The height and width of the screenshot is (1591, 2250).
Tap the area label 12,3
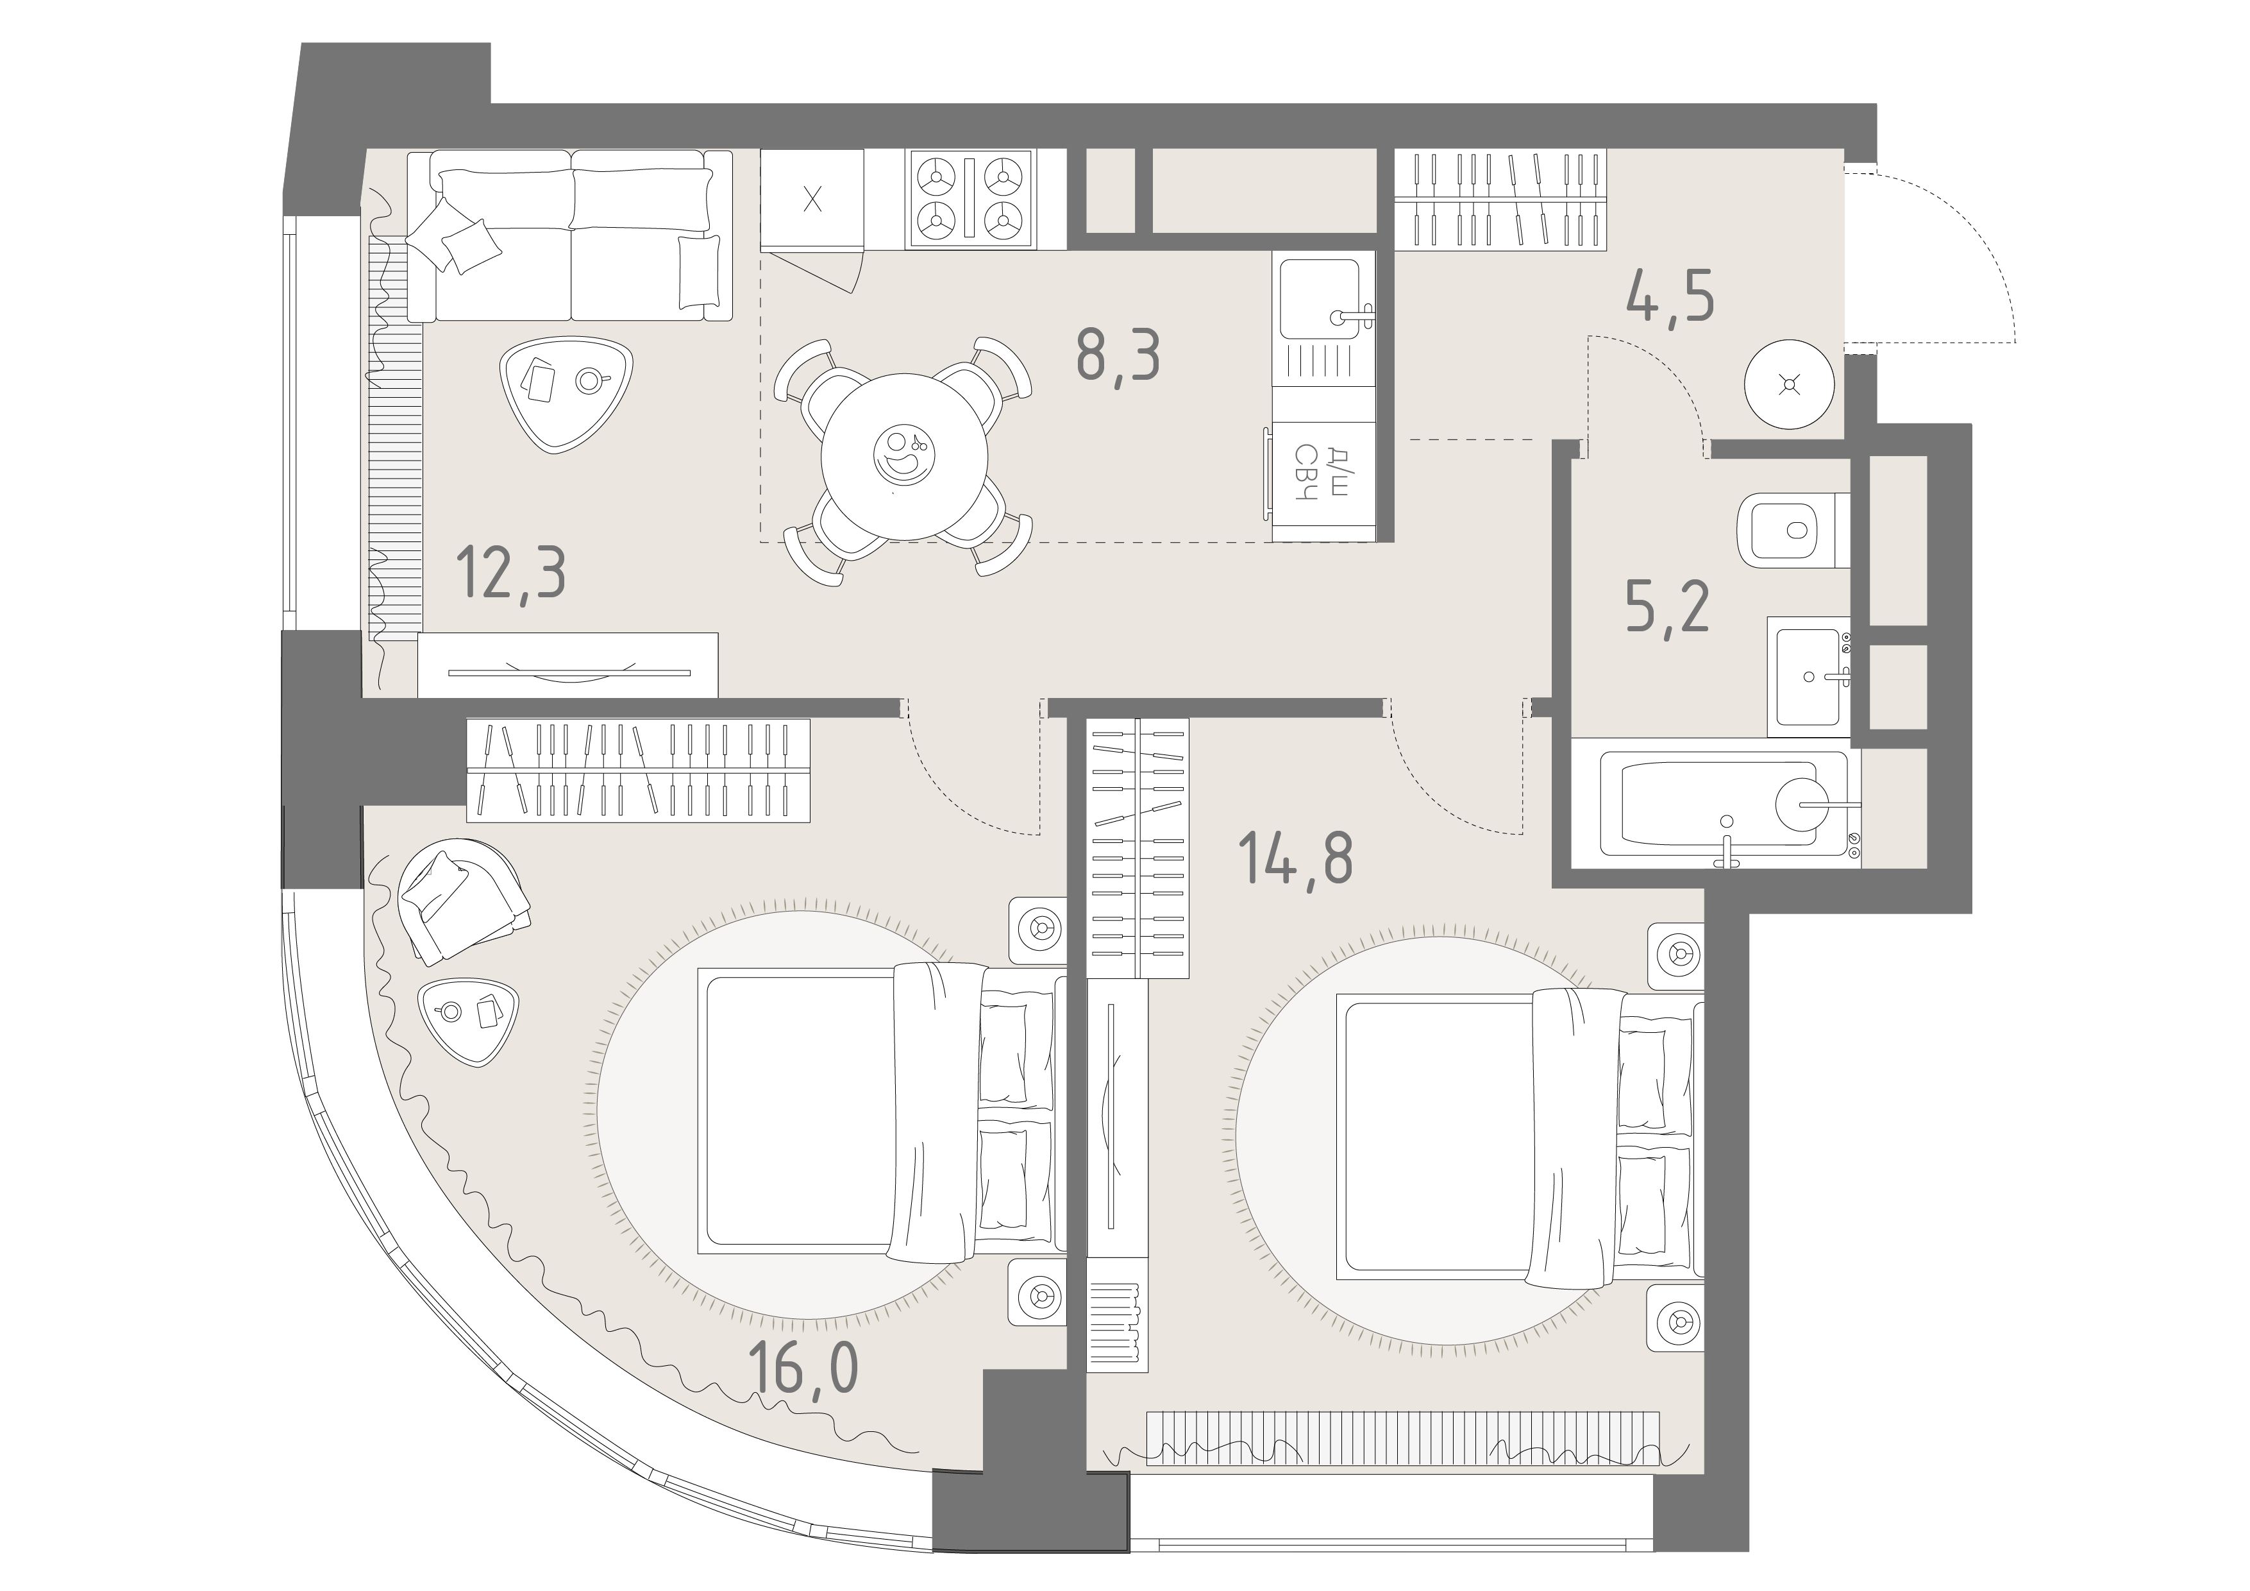coord(512,575)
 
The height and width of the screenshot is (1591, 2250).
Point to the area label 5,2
coord(1667,607)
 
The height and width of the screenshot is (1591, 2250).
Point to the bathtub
coord(1725,804)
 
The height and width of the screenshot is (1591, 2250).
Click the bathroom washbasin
coord(1809,676)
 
